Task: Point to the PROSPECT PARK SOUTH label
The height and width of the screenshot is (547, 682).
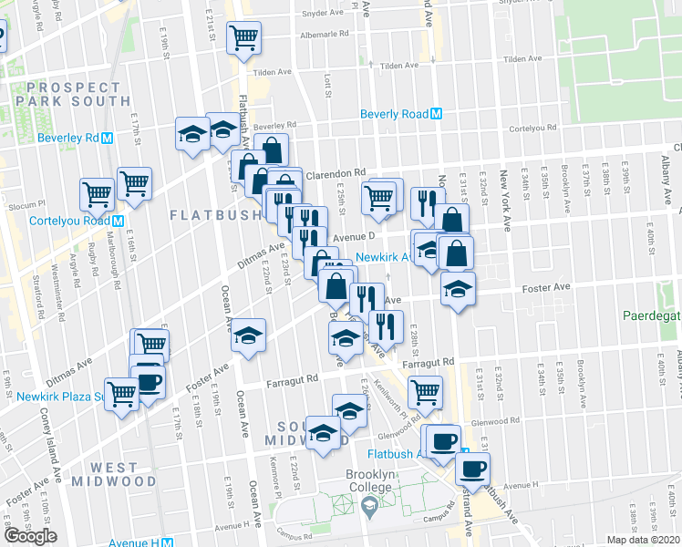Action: pos(72,94)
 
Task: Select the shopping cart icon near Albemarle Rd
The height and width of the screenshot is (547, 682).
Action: pos(243,38)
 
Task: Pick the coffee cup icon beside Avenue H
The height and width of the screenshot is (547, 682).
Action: pos(471,470)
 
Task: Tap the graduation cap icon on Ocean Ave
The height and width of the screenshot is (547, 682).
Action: pos(248,336)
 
